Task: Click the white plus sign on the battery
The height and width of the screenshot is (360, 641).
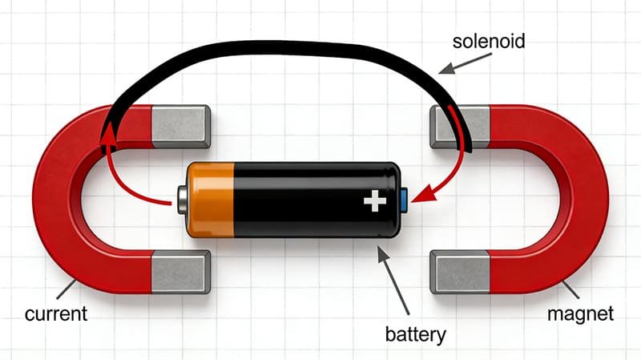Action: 374,200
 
